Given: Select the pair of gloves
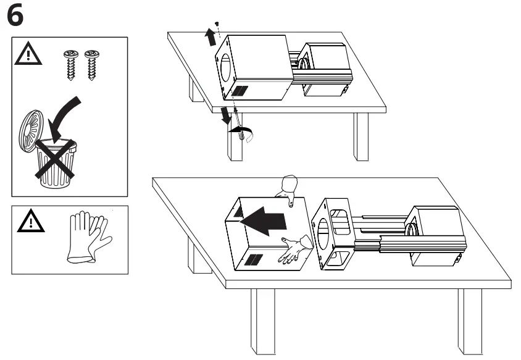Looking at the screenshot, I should pos(88,237).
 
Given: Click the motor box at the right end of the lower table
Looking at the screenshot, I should pos(435,235).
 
